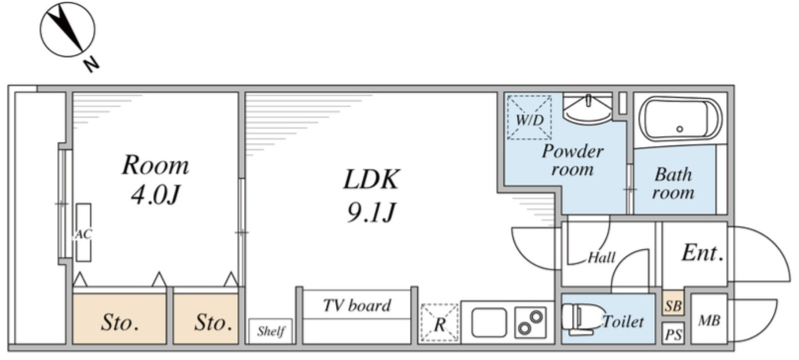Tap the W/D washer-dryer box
tap(529, 118)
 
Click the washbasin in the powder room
tap(587, 108)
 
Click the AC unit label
tap(83, 233)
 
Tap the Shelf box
tap(270, 331)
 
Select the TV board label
tap(357, 306)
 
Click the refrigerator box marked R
tap(439, 323)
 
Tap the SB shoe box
tap(673, 306)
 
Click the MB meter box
tap(709, 320)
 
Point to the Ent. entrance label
tap(702, 253)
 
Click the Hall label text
tap(602, 258)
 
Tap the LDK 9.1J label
tap(371, 196)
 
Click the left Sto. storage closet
tap(120, 323)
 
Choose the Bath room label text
tap(673, 183)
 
